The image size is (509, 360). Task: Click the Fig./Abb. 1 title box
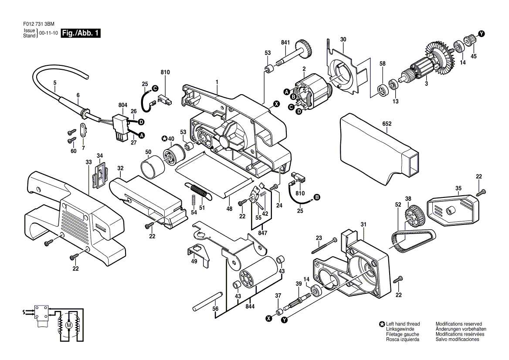coord(81,33)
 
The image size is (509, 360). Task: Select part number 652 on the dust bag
coord(387,124)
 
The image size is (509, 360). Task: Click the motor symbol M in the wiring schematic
coord(68,325)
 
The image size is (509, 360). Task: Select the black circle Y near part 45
coord(482,34)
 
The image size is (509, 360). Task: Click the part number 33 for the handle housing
coord(88,162)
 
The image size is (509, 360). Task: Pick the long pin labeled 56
coord(207,301)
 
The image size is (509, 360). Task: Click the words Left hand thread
coord(403,324)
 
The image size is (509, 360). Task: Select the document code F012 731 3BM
coord(39,24)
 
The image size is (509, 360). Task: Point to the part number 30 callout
coord(343,40)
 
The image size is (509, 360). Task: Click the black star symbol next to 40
coord(165,139)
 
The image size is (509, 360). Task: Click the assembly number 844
coord(250,306)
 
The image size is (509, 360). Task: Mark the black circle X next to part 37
coord(269,319)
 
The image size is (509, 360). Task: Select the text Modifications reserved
coord(459,324)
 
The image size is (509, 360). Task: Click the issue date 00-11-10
coord(48,33)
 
